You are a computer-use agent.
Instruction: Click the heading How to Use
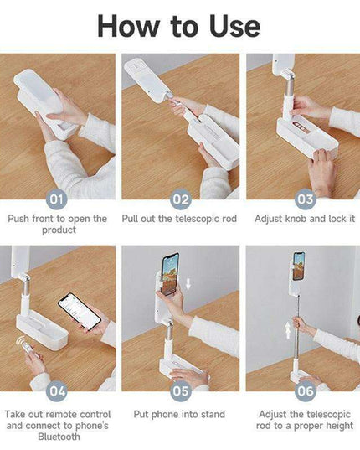[x=180, y=25]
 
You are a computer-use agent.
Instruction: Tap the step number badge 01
[x=57, y=199]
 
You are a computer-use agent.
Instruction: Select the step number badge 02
[x=181, y=199]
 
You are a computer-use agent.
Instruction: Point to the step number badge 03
[x=305, y=199]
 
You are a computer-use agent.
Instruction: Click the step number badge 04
[x=57, y=391]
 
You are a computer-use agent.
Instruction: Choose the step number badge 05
[x=181, y=391]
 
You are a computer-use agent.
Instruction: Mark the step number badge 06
[x=305, y=391]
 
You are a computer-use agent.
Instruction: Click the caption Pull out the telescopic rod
[x=180, y=219]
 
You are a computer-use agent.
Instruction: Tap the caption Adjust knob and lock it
[x=303, y=219]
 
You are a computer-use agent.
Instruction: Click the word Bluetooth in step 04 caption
[x=58, y=437]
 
